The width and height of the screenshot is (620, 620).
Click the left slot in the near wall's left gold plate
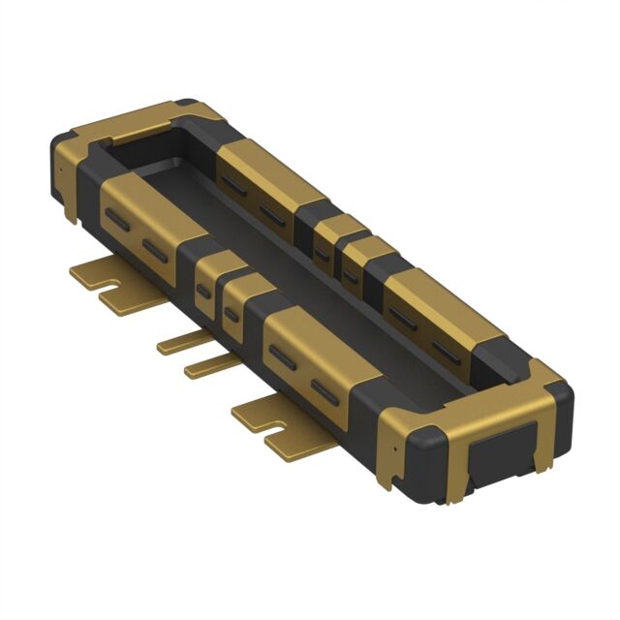(x=117, y=220)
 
